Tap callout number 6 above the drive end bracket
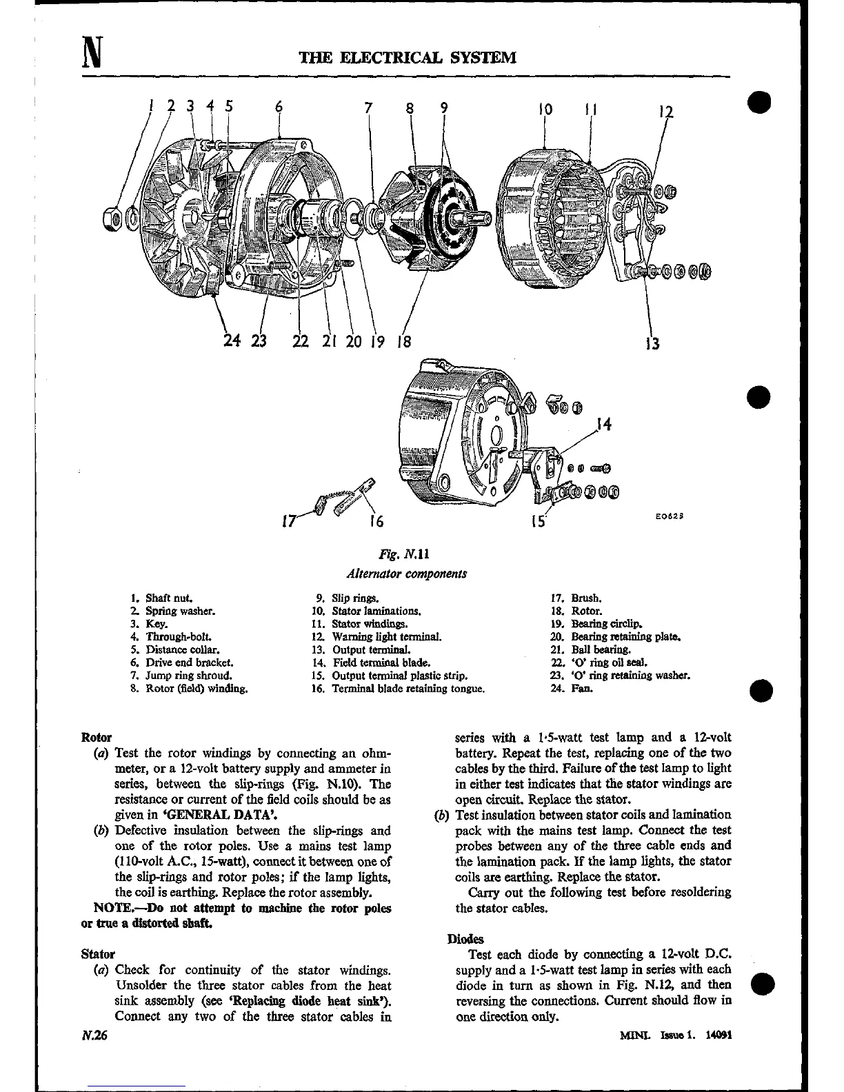279,107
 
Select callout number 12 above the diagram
665,112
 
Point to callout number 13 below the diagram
652,343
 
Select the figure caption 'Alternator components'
407,574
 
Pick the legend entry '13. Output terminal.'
362,649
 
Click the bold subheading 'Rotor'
97,738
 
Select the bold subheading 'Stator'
98,955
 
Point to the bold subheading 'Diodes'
465,939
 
